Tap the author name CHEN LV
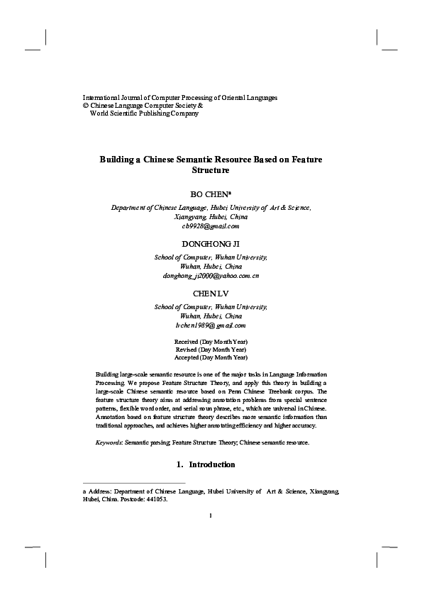(211, 293)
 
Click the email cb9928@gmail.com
(211, 226)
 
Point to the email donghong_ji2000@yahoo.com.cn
(211, 275)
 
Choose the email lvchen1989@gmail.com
(211, 325)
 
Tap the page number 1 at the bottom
(211, 515)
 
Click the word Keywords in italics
(109, 442)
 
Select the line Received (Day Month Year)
(211, 342)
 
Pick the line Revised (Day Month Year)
(211, 350)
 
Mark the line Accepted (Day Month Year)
(211, 358)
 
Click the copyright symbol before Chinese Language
(86, 105)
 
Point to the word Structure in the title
(211, 171)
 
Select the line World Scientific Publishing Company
(144, 113)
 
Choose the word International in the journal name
(102, 96)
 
